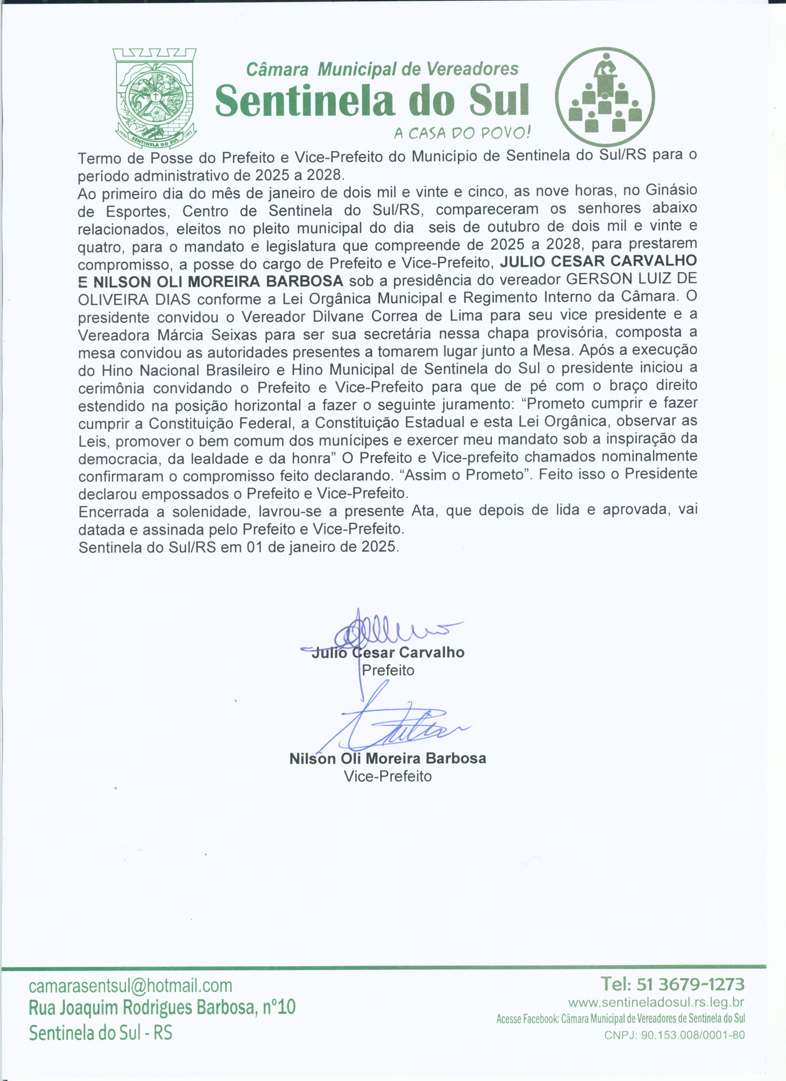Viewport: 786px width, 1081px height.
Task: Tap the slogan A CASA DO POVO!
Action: pos(462,133)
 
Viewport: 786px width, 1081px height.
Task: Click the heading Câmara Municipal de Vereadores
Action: pos(382,70)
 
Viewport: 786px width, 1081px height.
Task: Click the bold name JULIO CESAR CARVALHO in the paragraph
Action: pos(598,261)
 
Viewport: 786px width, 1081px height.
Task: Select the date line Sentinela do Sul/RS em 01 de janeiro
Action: pos(238,547)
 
